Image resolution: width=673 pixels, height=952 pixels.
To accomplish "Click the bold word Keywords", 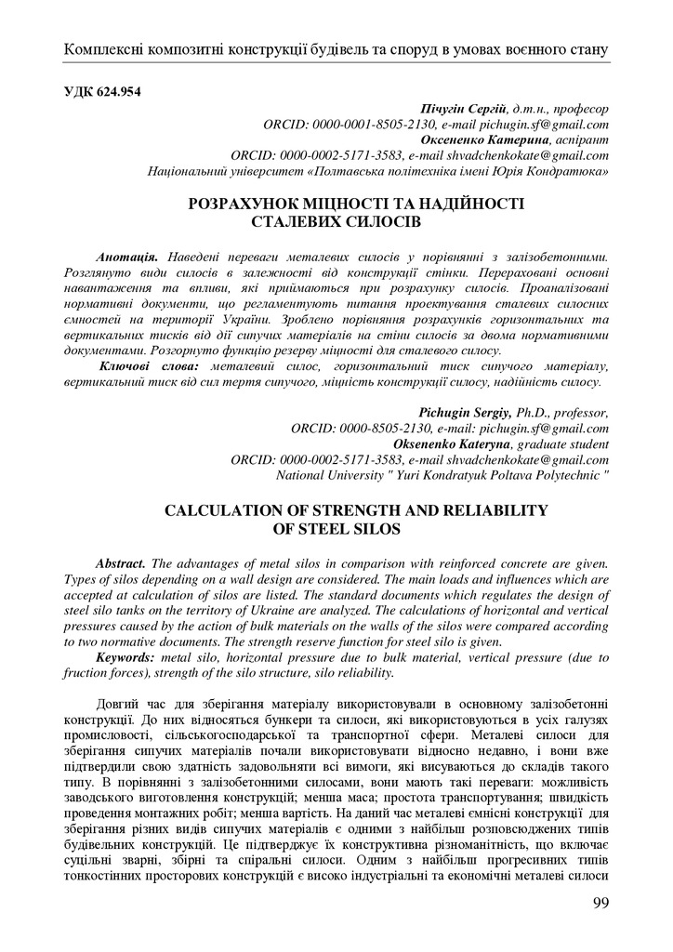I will click(x=125, y=658).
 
